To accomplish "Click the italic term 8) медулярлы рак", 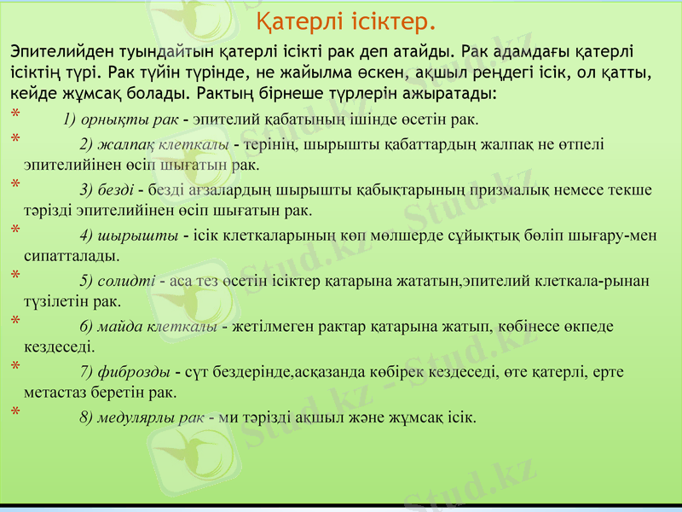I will pos(142,417).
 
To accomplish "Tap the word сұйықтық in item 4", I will pos(481,236).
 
